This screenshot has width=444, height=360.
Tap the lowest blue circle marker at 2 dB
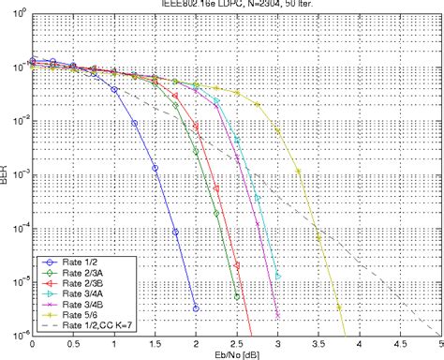click(196, 307)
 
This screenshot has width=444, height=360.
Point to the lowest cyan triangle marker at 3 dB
click(277, 276)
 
